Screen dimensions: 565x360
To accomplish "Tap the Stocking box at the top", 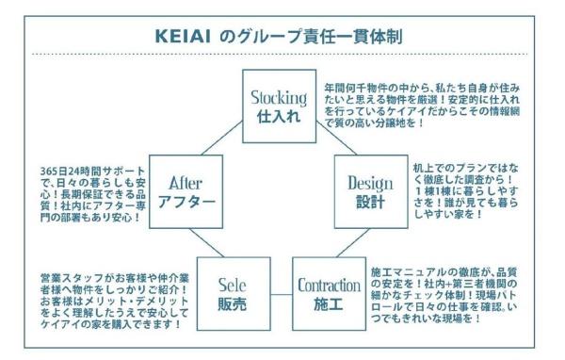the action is (x=279, y=105).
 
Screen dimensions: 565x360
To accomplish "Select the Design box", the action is (x=370, y=190).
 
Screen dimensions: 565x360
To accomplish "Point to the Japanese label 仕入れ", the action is (x=279, y=116).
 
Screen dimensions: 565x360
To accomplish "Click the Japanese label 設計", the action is (x=370, y=202).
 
